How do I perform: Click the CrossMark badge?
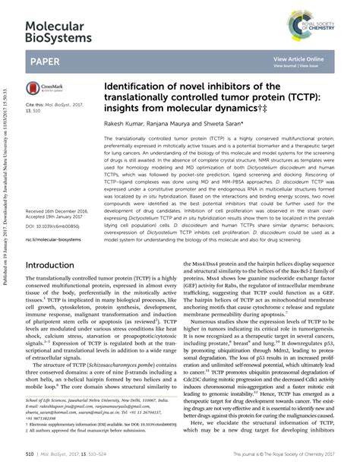pyautogui.click(x=45, y=90)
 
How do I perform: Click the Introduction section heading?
pyautogui.click(x=60, y=266)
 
